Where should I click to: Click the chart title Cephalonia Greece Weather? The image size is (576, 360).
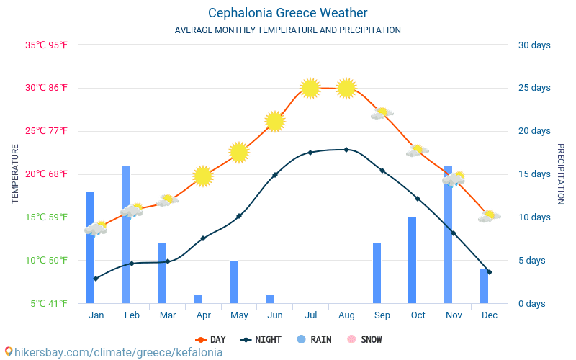tap(288, 13)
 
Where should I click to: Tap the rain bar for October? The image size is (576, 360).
tap(413, 260)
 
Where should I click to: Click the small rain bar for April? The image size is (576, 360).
tap(197, 299)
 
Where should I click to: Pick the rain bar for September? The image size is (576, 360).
tap(377, 273)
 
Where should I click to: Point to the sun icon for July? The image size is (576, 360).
tap(310, 88)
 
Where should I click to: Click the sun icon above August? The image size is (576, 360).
tap(346, 88)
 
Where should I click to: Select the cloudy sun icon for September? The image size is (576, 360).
tap(382, 113)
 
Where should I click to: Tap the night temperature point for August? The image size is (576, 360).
tap(346, 150)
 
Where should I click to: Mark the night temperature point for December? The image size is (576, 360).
tap(490, 272)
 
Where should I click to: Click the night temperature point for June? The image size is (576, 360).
tap(275, 175)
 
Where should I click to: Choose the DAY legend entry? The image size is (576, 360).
tap(211, 339)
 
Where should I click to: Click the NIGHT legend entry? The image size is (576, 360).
tap(262, 339)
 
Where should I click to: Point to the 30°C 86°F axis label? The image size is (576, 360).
tap(46, 88)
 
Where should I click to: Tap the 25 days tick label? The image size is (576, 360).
tap(534, 88)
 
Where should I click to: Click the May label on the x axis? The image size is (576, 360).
tap(239, 315)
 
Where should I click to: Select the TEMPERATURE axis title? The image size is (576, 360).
tap(15, 174)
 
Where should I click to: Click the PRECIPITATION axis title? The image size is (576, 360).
tap(560, 174)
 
